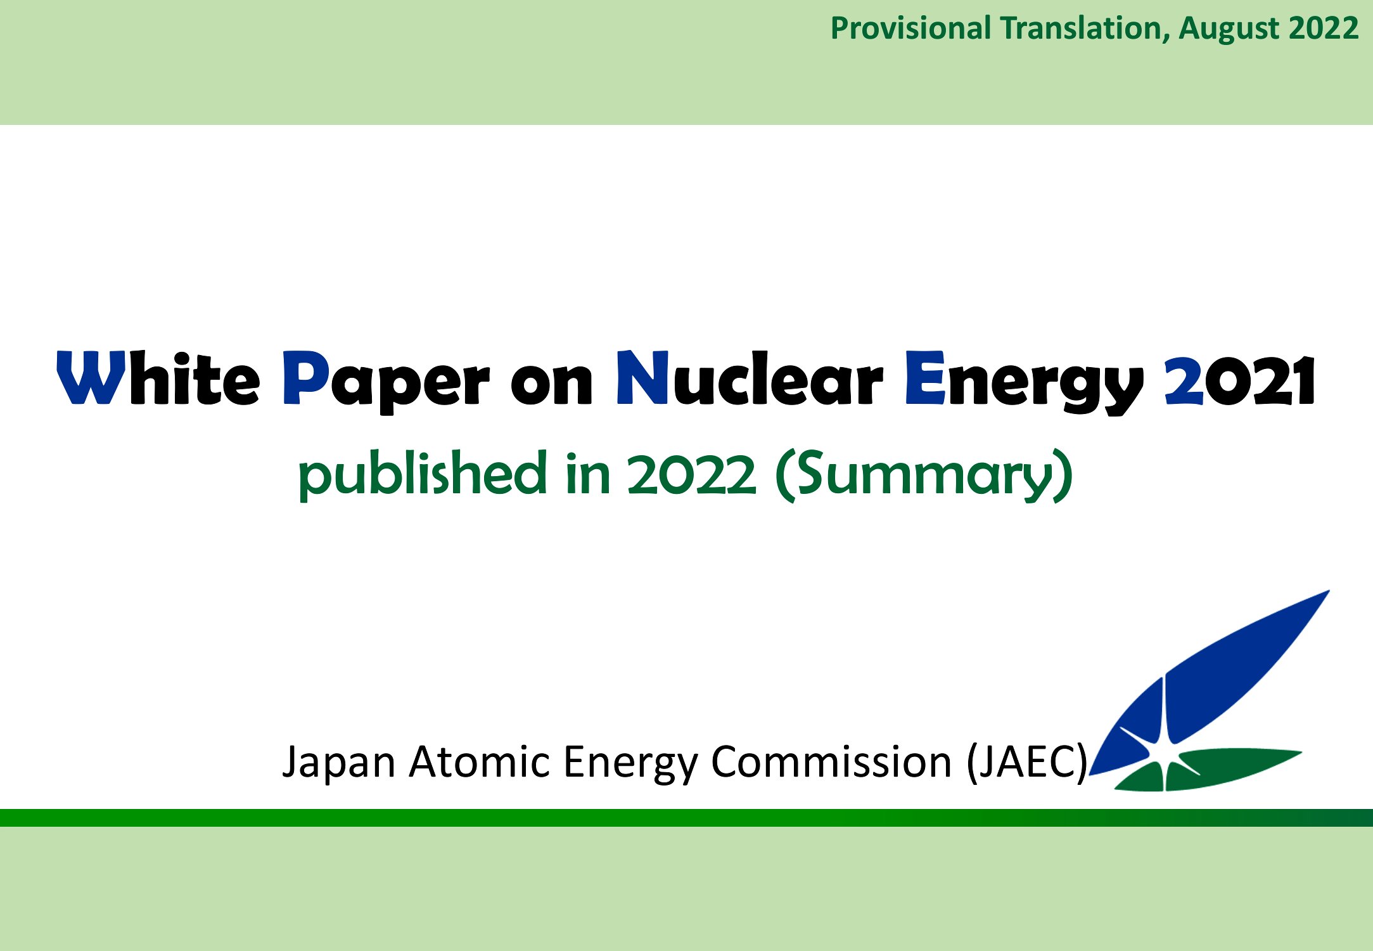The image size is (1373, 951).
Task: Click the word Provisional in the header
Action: pos(910,29)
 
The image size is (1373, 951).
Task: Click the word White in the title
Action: pos(158,378)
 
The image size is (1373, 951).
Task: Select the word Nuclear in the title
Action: pos(749,378)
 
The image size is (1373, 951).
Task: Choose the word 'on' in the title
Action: pos(552,384)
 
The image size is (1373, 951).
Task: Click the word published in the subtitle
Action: pos(423,475)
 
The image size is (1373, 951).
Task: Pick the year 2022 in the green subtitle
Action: pos(692,475)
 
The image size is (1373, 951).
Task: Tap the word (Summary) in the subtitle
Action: pos(924,475)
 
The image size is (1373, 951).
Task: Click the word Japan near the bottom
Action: pos(339,763)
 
